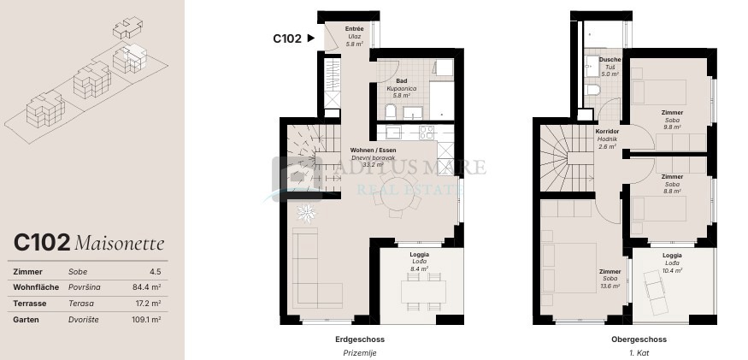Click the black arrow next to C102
pyautogui.click(x=311, y=38)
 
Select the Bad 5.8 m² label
pyautogui.click(x=401, y=88)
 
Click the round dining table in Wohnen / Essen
pyautogui.click(x=397, y=195)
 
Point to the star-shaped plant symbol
pyautogui.click(x=306, y=213)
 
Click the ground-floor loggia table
pyautogui.click(x=423, y=292)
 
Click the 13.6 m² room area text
pyautogui.click(x=610, y=286)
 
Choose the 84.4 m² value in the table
pyautogui.click(x=146, y=287)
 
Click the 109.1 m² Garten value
pyautogui.click(x=146, y=320)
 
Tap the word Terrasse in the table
pyautogui.click(x=30, y=304)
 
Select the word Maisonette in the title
pyautogui.click(x=120, y=244)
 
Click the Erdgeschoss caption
pyautogui.click(x=360, y=339)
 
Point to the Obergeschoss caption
pyautogui.click(x=639, y=339)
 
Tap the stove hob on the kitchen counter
pyautogui.click(x=427, y=133)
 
